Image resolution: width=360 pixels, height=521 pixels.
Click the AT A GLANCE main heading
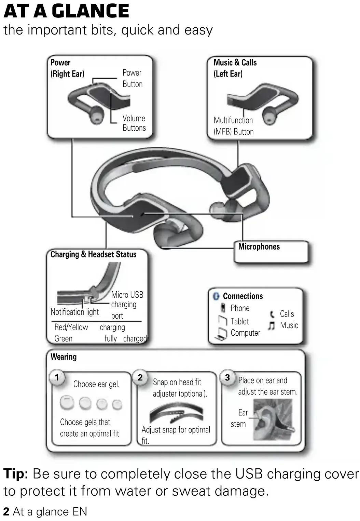(66, 11)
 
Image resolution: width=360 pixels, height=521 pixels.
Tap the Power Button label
(133, 78)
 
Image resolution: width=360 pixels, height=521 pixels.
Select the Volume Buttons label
(134, 123)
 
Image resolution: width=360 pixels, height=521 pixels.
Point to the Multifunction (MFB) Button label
(234, 126)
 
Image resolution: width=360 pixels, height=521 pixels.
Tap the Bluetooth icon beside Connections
(216, 296)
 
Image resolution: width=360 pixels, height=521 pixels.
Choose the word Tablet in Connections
(239, 321)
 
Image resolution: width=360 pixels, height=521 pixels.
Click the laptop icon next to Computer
(222, 333)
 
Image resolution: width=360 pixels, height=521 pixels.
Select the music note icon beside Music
(272, 325)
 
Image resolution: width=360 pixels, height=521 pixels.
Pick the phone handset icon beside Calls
(272, 314)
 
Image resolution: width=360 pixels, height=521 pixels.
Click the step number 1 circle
(57, 377)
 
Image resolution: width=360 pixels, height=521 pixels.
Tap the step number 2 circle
(140, 377)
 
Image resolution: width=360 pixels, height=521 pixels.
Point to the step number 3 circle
(227, 377)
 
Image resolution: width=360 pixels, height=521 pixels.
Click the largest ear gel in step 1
(67, 403)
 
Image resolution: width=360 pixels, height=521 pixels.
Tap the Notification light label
(74, 312)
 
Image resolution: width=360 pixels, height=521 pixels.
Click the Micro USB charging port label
(127, 305)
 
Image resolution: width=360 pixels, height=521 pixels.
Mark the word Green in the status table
(64, 338)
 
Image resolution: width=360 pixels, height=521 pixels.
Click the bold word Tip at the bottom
(16, 474)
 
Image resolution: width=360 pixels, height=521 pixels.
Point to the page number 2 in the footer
(6, 512)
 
